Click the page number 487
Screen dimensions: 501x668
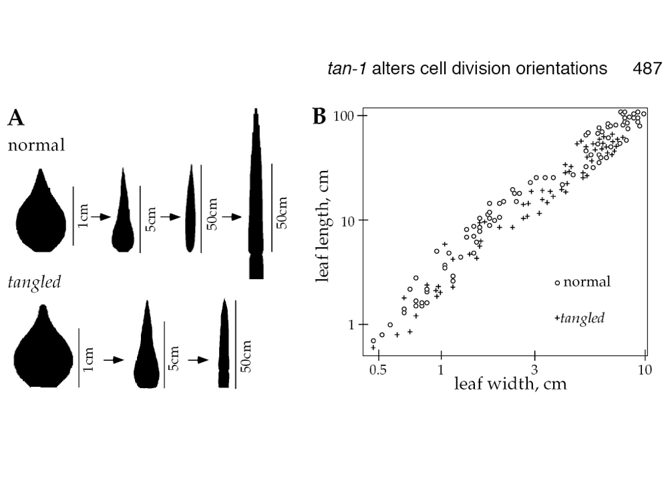point(647,68)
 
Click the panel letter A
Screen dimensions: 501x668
point(16,119)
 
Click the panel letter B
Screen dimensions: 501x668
point(319,117)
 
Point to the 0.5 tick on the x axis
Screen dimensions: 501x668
point(377,369)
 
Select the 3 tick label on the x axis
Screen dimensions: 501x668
point(534,369)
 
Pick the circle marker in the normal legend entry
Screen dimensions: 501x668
point(557,283)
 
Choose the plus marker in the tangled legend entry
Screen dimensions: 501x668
point(557,319)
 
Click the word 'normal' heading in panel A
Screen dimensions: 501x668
point(36,145)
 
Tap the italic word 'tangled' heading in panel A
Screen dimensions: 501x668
point(34,282)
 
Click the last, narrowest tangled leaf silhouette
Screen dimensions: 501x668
point(224,344)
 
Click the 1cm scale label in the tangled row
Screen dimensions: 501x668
point(89,358)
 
